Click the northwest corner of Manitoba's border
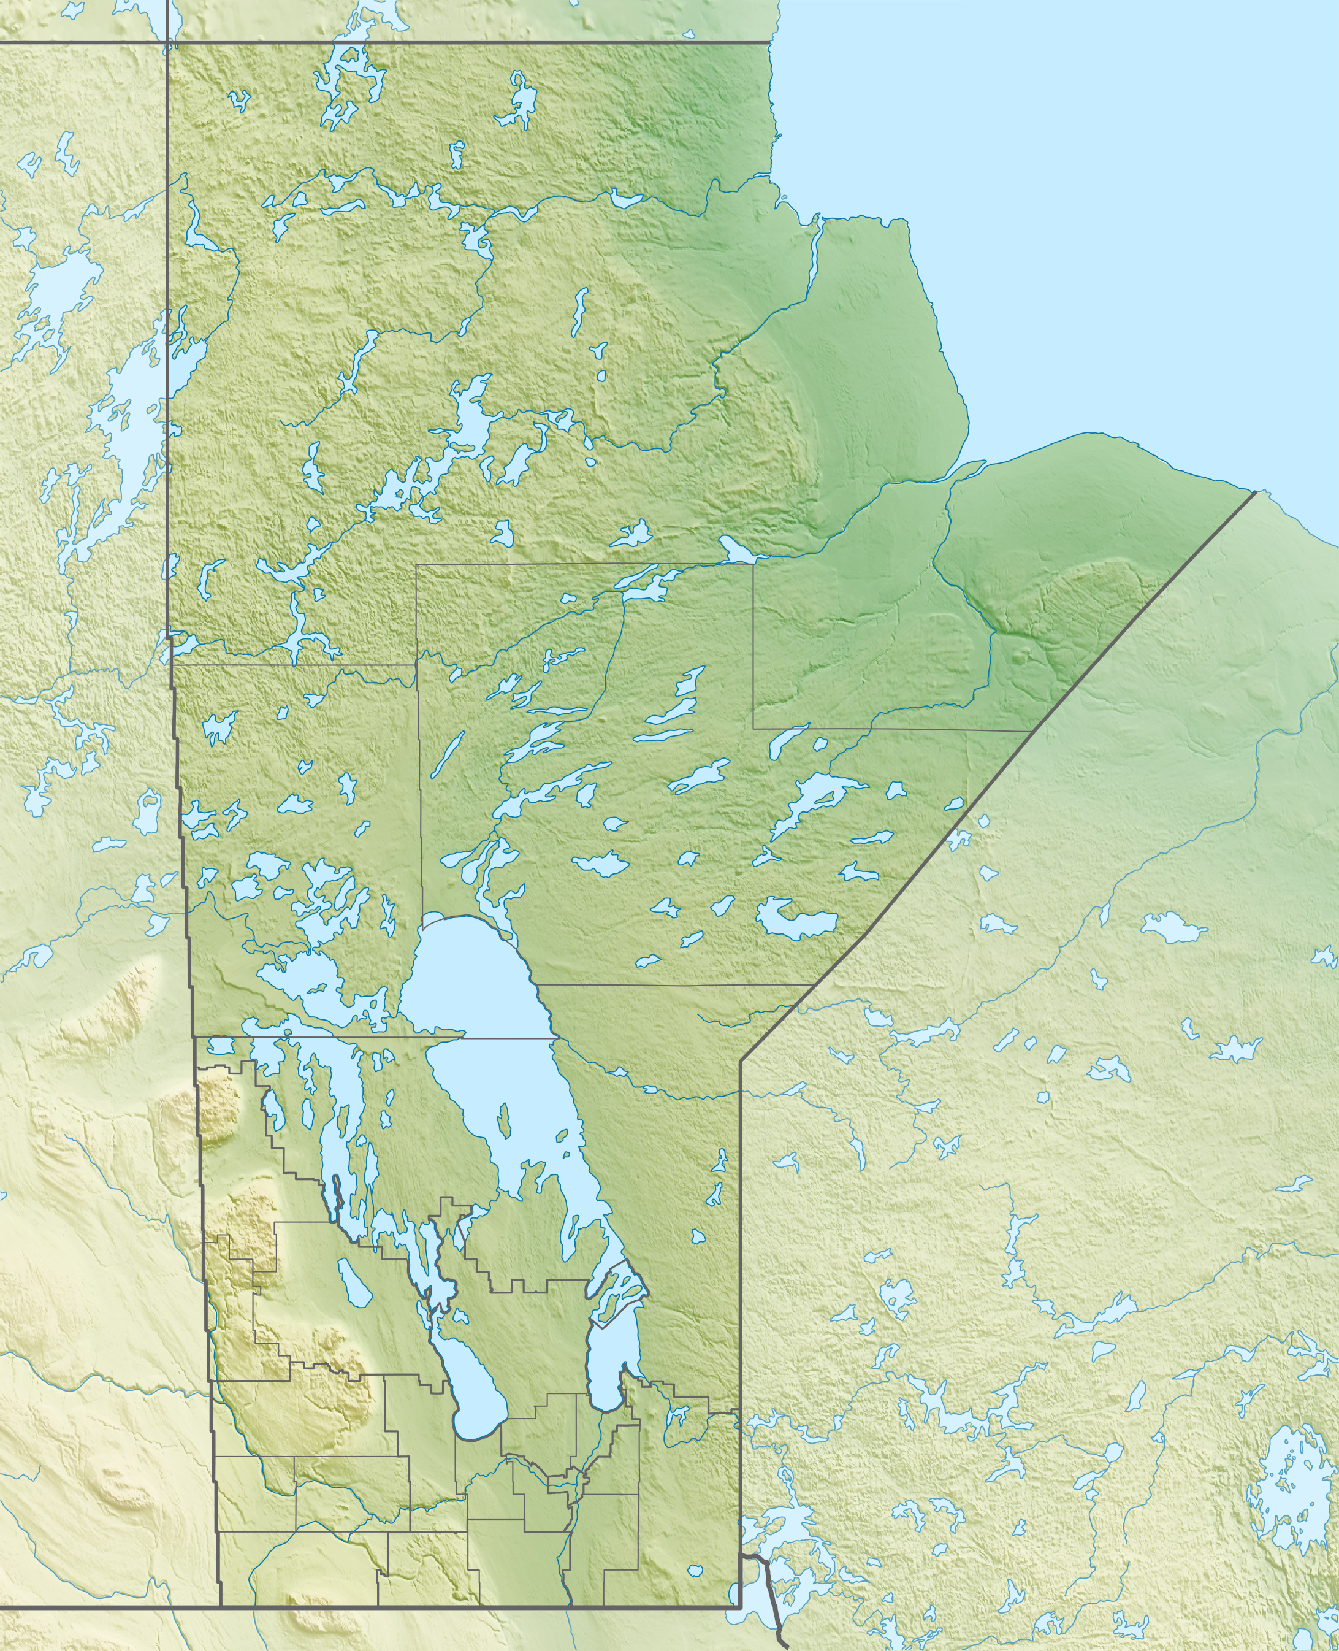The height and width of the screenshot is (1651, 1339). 167,42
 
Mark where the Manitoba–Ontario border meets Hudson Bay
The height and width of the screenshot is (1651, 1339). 1256,491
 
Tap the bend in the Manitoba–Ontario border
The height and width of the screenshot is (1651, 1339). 741,1062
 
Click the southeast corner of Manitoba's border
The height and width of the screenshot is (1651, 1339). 741,1606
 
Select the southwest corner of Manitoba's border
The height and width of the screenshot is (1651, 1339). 221,1606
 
